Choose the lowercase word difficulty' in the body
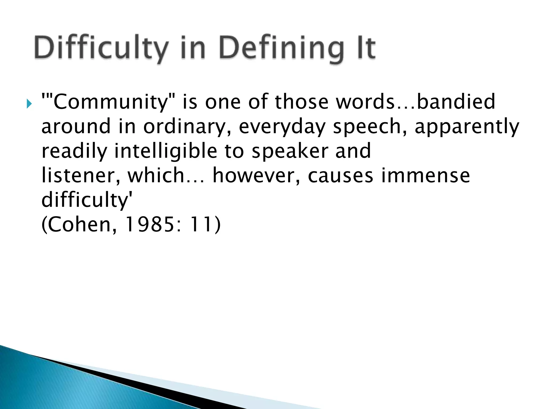tap(87, 200)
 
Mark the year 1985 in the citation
tap(149, 225)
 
